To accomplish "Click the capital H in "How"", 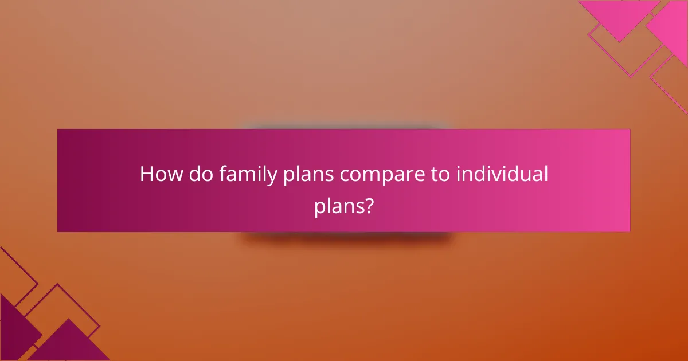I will coord(147,174).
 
